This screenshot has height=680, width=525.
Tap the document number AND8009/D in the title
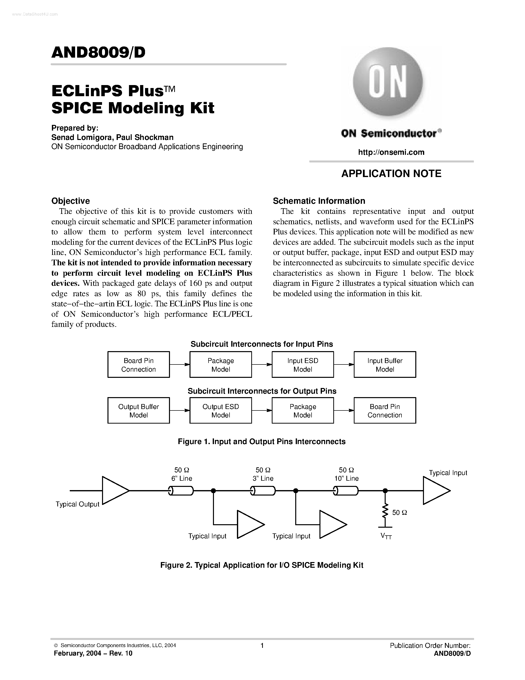[x=98, y=53]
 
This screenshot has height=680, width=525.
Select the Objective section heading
[x=71, y=201]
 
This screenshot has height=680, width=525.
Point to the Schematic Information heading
[x=319, y=201]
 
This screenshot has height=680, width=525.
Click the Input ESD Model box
[x=303, y=364]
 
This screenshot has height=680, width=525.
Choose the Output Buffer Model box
[x=138, y=410]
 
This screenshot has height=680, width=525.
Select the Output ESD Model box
[x=221, y=410]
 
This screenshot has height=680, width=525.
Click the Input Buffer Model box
[x=385, y=364]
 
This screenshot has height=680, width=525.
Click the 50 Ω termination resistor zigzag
[x=385, y=511]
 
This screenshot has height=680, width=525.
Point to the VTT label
[x=386, y=536]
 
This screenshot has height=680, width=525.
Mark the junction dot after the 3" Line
[x=296, y=491]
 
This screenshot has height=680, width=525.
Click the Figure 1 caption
[x=262, y=441]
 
